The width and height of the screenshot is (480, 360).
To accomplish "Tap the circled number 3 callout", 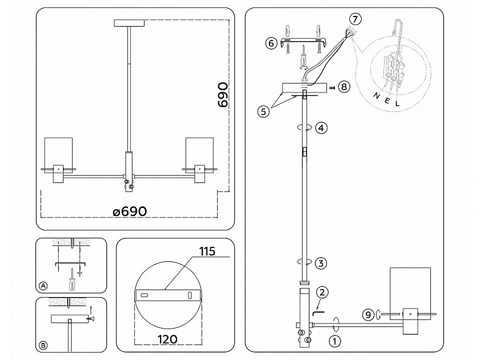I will coord(321,262).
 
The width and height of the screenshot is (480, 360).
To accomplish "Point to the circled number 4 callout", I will coord(321,128).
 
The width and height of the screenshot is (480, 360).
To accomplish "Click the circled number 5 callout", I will coord(262,111).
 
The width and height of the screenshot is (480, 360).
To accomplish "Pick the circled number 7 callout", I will coord(356,20).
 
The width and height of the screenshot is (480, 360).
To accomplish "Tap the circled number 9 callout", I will coord(367,315).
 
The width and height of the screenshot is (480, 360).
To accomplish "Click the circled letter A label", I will coord(43,286).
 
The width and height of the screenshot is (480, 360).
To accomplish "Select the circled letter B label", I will coord(43,346).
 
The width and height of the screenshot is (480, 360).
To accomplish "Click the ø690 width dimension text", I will coord(130,211).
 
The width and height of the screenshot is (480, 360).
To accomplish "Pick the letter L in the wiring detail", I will coord(397,105).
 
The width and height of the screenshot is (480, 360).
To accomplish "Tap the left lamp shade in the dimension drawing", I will coord(58,153).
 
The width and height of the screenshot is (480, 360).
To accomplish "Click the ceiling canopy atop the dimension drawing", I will coord(129,22).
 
